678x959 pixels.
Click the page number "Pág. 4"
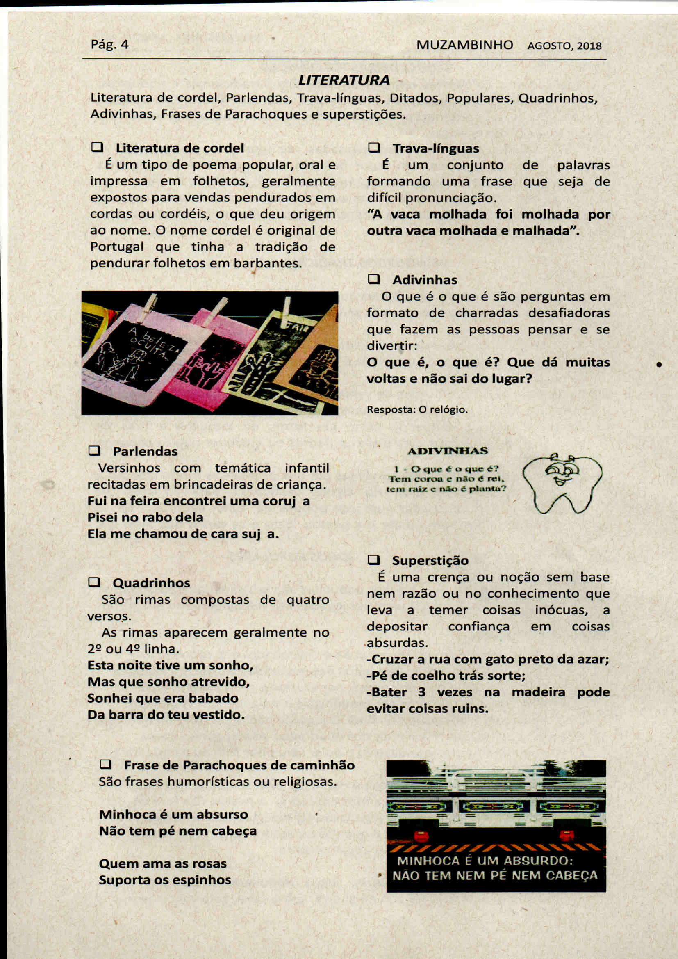click(x=109, y=44)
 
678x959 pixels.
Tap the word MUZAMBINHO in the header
click(x=465, y=45)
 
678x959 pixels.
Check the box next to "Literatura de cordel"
click(x=97, y=147)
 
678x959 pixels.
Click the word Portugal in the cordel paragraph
click(x=116, y=247)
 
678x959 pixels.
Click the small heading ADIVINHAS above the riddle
click(x=447, y=451)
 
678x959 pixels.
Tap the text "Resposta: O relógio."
click(x=417, y=410)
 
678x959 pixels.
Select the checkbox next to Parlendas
click(x=94, y=451)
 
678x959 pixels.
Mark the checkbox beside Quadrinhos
click(x=94, y=582)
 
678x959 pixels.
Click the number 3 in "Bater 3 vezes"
click(x=422, y=692)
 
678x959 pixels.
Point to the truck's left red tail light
click(x=421, y=836)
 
